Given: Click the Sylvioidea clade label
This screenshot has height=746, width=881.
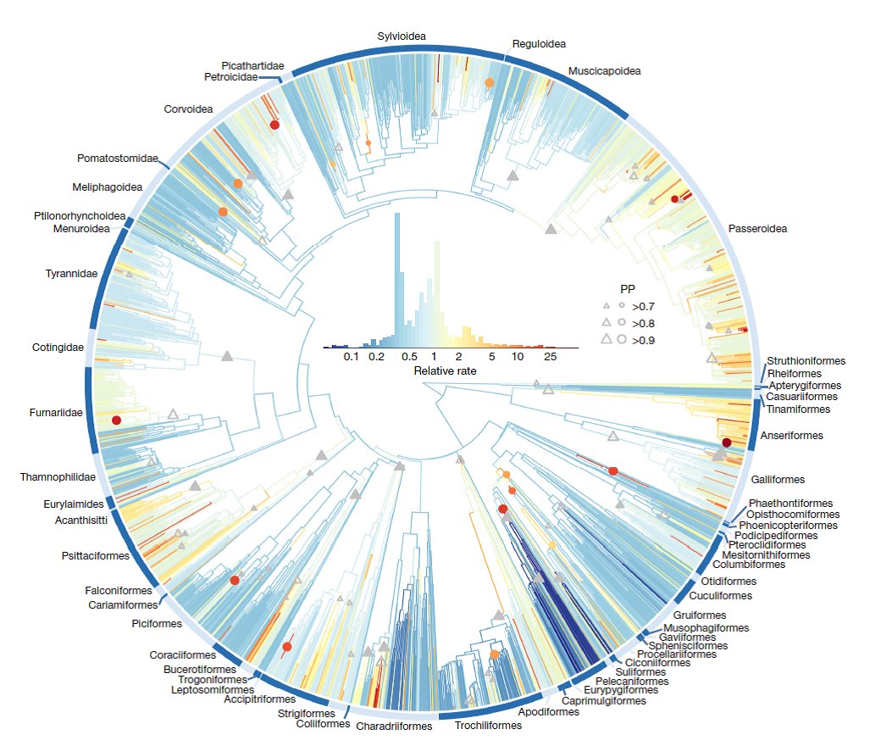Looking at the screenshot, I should (402, 36).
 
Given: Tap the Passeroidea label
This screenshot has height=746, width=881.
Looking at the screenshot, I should (757, 229).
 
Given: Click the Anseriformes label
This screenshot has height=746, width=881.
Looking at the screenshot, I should (792, 436).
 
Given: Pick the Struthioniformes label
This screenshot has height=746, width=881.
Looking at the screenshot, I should (806, 361).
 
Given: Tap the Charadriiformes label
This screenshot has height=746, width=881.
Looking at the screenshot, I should (394, 727).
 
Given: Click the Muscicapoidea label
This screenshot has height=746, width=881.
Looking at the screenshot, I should (604, 71).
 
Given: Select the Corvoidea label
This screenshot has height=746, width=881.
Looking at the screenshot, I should (187, 109).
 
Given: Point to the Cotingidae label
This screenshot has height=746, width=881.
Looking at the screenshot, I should (58, 348).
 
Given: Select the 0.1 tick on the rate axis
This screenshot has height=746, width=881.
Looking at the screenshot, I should (352, 358).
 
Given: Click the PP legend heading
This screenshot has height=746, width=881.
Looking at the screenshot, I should (629, 288).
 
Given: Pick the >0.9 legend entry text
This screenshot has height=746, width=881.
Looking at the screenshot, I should (643, 340).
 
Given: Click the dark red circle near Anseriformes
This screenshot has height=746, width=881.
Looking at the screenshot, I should (726, 443).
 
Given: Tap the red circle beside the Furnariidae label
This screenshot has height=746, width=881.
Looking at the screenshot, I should (116, 420).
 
